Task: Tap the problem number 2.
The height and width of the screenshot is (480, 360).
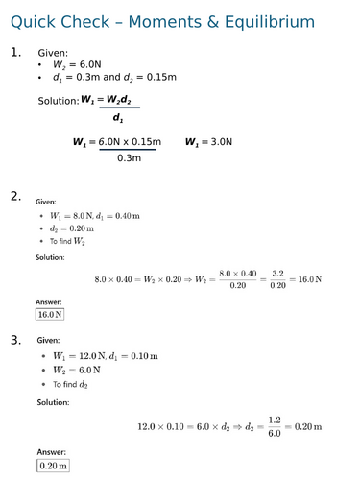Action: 15,197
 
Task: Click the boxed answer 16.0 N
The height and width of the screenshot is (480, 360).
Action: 50,314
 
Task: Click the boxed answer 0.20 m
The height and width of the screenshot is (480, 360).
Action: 54,466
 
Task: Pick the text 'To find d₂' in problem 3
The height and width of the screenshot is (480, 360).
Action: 77,384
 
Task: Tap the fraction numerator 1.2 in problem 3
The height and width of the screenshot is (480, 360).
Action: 274,419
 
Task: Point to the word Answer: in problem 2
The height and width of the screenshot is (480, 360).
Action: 49,301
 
